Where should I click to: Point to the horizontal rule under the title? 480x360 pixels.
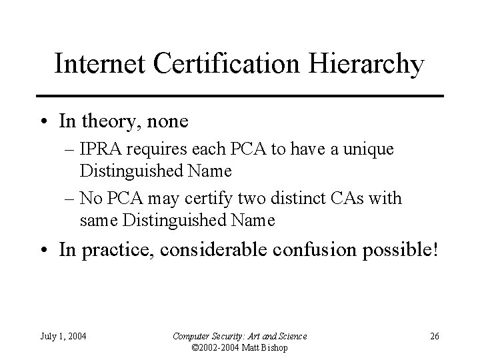point(240,97)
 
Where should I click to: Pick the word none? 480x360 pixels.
point(166,122)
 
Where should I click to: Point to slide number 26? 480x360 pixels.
point(434,335)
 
